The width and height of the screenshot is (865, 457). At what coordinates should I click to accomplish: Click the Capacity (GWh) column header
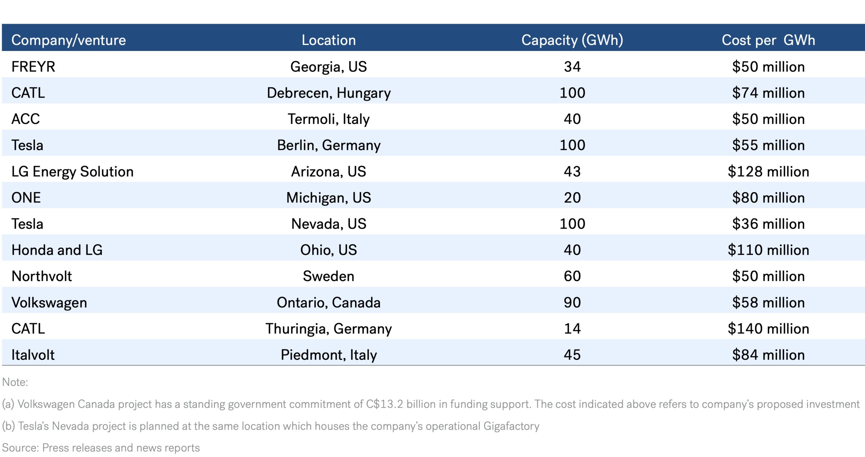point(572,40)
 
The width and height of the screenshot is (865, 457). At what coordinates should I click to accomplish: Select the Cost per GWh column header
point(768,40)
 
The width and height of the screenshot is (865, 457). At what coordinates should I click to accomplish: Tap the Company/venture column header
point(69,40)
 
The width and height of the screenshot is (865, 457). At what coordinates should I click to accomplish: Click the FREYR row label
point(33,67)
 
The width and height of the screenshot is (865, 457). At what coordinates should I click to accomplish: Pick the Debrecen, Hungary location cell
point(328,93)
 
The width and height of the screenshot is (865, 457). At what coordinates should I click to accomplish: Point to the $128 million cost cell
point(768,172)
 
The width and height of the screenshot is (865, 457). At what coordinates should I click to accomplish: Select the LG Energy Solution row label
point(72,172)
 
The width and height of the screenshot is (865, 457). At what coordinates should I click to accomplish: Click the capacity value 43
point(572,172)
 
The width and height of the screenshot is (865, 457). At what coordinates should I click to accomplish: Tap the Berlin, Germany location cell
point(328,145)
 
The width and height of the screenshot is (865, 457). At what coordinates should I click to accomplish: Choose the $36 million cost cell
point(768,224)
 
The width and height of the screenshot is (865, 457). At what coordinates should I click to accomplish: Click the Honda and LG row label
point(57,250)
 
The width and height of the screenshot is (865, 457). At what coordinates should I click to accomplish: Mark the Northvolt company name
point(42,276)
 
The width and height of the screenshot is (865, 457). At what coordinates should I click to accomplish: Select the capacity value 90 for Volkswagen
point(572,302)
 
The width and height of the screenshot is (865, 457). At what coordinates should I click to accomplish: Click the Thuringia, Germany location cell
point(328,329)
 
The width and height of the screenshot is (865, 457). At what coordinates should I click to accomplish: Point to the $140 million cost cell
point(768,329)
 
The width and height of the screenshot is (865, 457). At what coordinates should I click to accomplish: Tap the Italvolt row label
point(33,355)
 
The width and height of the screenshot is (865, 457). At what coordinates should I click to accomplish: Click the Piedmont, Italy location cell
point(328,355)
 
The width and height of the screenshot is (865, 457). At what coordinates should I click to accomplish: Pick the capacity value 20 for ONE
point(572,198)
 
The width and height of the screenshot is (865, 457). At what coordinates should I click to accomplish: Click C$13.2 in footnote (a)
point(385,404)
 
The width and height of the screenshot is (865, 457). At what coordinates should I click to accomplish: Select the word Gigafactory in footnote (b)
point(511,426)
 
